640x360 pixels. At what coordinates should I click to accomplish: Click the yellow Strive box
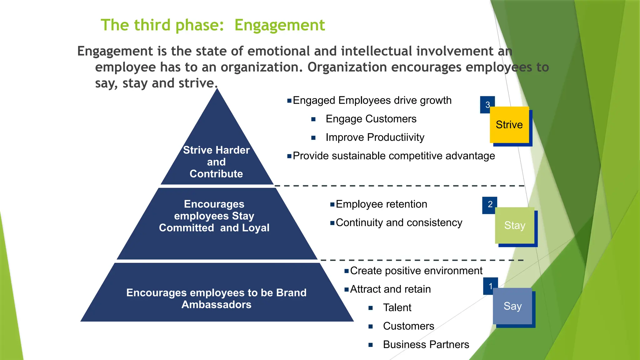point(509,125)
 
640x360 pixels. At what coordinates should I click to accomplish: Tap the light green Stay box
point(515,225)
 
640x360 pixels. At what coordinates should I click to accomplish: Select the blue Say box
point(512,306)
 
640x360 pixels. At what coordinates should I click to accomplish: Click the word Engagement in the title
point(280,25)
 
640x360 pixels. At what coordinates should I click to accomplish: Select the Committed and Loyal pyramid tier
point(214,219)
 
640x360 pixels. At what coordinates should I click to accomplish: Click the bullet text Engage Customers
point(371,119)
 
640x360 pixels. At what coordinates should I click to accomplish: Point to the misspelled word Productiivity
point(396,137)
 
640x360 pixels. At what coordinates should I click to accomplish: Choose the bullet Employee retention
point(381,204)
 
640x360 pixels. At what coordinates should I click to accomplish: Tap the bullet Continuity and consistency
point(399,223)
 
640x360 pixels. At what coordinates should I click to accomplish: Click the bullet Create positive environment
point(416,271)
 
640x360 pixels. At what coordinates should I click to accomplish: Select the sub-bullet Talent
point(397,308)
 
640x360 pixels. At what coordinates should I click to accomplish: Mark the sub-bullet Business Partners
point(426,345)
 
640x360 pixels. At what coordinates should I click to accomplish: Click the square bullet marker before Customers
point(371,327)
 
